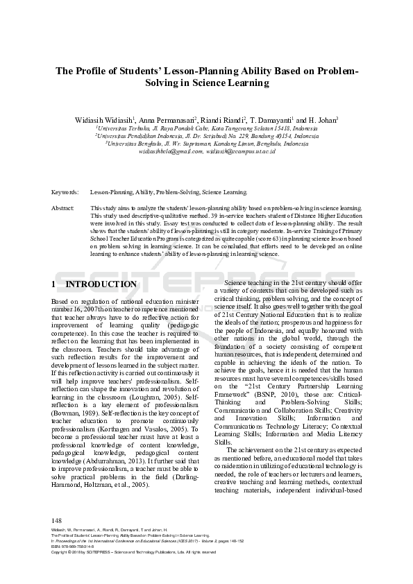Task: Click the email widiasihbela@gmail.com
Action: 171,151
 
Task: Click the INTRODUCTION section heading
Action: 101,284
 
